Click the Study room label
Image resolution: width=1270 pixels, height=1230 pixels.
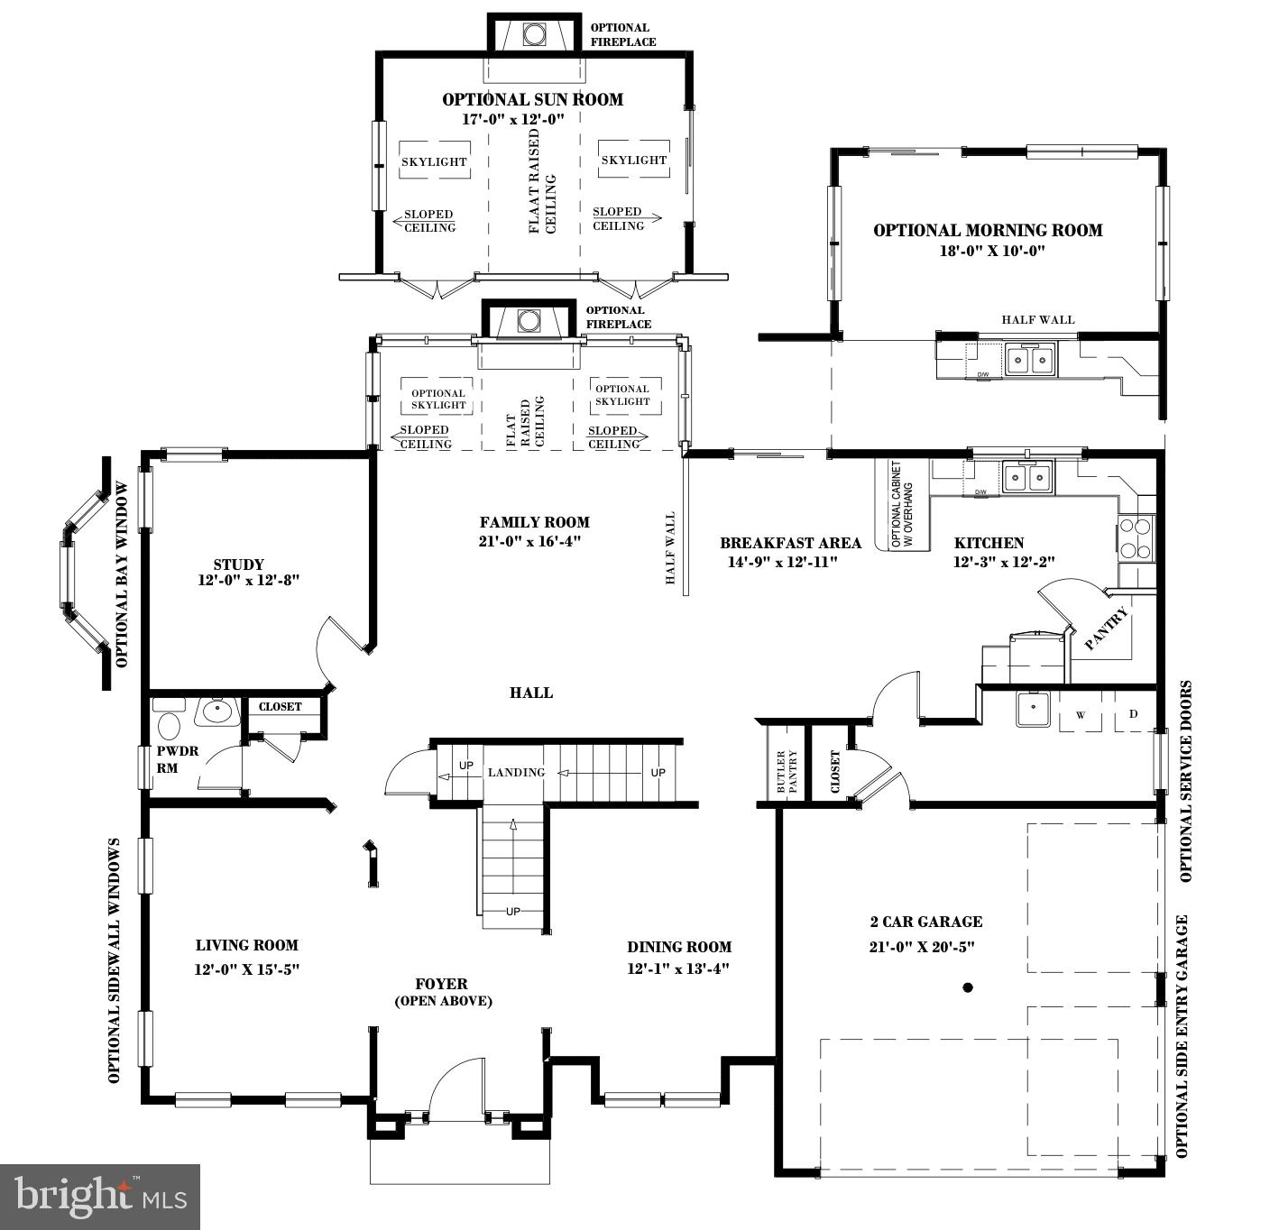point(239,565)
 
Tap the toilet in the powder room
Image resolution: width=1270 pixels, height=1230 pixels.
point(169,725)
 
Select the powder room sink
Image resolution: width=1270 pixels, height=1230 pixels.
point(216,711)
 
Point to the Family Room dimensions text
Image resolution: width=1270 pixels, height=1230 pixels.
point(534,542)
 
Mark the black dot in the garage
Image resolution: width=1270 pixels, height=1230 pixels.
point(968,987)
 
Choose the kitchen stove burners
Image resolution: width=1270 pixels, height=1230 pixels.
point(1136,538)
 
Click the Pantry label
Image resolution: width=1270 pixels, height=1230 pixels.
point(1106,629)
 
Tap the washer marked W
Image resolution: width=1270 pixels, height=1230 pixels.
point(1081,715)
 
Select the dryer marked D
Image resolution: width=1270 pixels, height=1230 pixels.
point(1134,714)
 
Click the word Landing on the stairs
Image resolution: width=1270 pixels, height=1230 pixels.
point(516,773)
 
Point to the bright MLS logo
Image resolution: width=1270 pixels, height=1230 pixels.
point(99,1196)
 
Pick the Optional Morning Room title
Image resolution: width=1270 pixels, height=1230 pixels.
point(988,231)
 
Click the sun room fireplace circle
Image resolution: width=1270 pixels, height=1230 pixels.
point(534,34)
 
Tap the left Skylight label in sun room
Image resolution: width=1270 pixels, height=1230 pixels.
point(434,162)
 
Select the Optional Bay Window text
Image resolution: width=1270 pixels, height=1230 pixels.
point(123,574)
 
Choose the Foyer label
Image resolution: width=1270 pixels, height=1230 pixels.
point(442,985)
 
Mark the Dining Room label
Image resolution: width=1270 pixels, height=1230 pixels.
point(679,947)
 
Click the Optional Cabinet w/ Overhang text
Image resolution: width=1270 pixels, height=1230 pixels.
point(902,505)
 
